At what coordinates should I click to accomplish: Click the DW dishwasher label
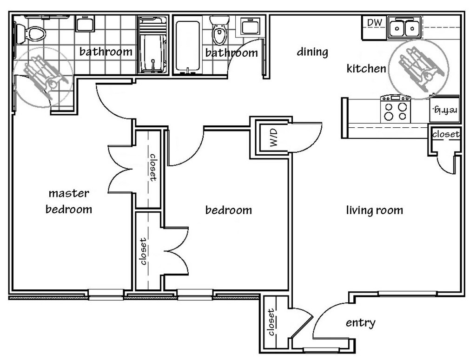point(375,22)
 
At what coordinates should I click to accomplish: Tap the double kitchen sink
point(404,27)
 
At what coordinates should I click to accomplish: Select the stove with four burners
point(396,109)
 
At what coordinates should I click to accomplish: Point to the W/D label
point(273,137)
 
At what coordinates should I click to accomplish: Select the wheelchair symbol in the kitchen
point(419,69)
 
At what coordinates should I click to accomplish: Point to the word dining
point(312,52)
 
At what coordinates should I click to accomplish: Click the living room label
point(375,210)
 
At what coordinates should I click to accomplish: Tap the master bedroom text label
point(69,201)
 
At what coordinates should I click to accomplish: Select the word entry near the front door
point(361,323)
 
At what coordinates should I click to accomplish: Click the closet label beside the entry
point(271,322)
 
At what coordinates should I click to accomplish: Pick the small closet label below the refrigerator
point(446,134)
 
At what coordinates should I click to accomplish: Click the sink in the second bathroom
point(250,26)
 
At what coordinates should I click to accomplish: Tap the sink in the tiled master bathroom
point(85,23)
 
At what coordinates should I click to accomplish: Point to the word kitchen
point(366,69)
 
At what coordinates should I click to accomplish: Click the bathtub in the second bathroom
point(187,46)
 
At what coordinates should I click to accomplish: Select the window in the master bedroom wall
point(106,295)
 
